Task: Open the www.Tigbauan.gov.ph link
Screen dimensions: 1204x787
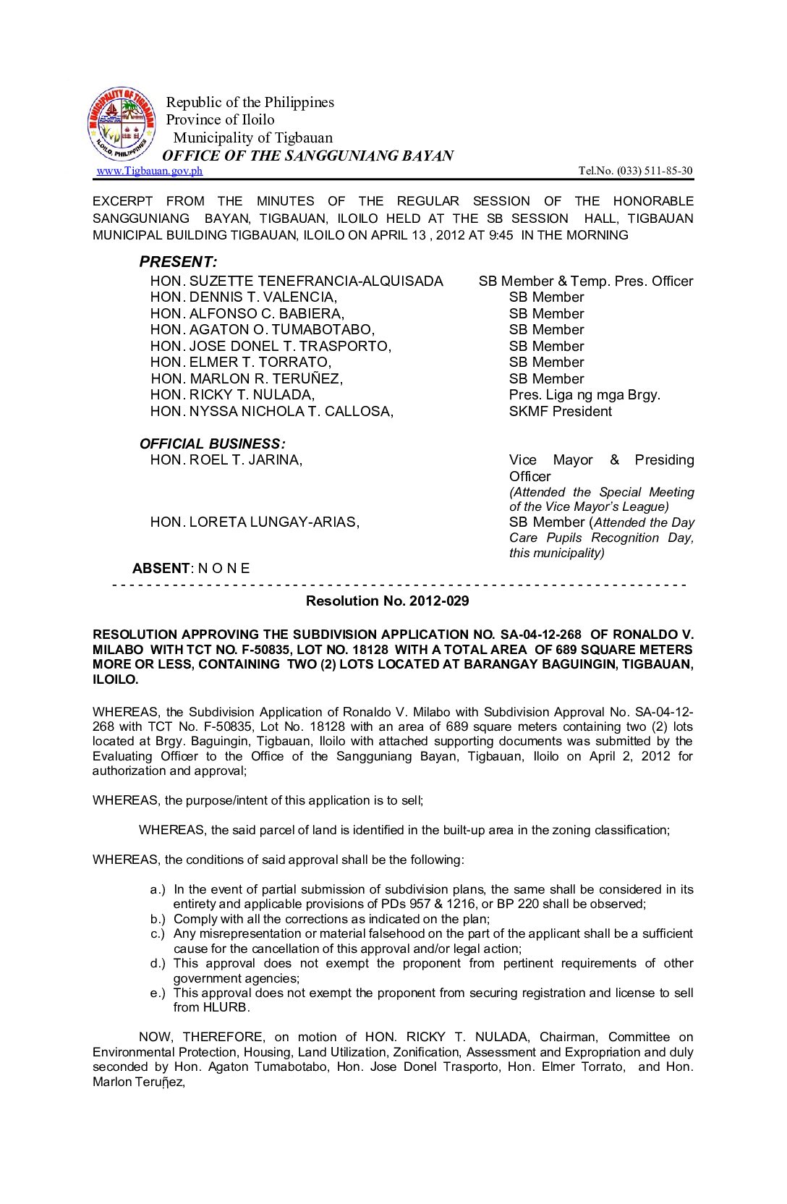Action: click(150, 171)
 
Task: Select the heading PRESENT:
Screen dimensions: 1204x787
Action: click(178, 262)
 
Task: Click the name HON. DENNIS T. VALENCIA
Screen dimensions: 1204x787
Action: click(244, 297)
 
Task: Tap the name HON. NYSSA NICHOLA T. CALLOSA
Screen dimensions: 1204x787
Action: click(272, 412)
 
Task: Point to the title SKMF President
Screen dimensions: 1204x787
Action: click(560, 412)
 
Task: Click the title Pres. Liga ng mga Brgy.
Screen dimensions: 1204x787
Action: click(584, 395)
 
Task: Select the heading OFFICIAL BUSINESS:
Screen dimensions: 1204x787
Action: click(212, 444)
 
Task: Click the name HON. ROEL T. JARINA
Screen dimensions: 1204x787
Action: click(226, 460)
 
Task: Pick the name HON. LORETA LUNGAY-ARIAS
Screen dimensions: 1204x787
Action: click(255, 522)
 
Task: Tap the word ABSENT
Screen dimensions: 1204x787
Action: click(161, 569)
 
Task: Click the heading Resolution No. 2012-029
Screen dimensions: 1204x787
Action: click(387, 601)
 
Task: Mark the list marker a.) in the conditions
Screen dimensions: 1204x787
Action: click(158, 890)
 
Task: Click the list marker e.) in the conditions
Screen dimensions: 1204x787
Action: click(158, 993)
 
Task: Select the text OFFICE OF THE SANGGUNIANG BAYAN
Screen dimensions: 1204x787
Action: click(307, 156)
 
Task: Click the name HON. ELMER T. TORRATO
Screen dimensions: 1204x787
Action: click(241, 363)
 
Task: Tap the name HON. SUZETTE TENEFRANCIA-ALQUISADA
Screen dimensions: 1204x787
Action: click(297, 281)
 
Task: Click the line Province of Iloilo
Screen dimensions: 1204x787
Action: click(220, 120)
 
